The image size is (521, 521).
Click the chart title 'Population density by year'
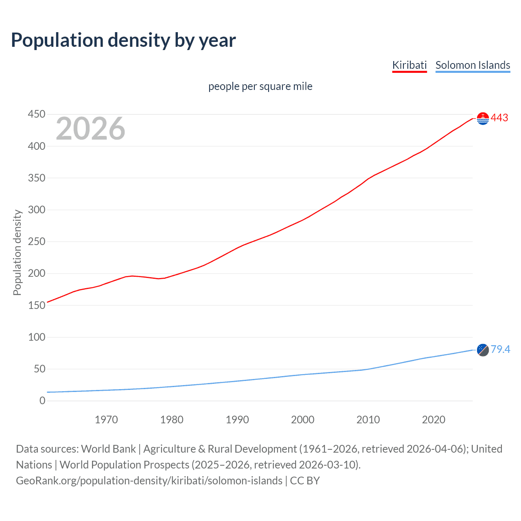(123, 40)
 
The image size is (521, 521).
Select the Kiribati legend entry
(409, 65)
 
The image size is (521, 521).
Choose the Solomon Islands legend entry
(473, 65)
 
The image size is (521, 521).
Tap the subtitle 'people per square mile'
(260, 86)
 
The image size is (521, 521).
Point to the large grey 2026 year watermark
(90, 129)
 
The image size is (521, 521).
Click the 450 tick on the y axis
(37, 114)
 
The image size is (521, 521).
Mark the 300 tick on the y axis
(37, 210)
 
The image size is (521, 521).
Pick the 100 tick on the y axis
(37, 337)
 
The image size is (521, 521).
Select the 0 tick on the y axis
(42, 401)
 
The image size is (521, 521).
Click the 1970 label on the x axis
(106, 420)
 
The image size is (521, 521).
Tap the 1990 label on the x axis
(237, 420)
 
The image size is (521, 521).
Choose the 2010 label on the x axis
(368, 420)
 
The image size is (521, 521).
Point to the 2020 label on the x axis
(433, 420)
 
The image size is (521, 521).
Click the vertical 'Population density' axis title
(17, 252)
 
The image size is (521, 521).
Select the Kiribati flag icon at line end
(483, 118)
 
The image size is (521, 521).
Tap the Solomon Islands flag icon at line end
(483, 350)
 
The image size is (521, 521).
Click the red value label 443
(499, 118)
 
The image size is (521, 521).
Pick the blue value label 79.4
(500, 350)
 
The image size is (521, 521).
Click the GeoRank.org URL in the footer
(149, 481)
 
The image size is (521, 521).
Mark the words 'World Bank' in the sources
(108, 449)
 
